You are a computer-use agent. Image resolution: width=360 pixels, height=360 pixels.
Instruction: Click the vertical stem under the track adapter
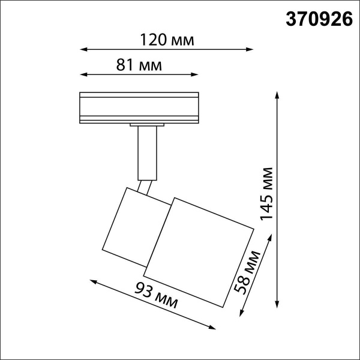pyautogui.click(x=145, y=153)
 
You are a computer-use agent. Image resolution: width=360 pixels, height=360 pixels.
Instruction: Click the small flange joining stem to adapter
pyautogui.click(x=146, y=125)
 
